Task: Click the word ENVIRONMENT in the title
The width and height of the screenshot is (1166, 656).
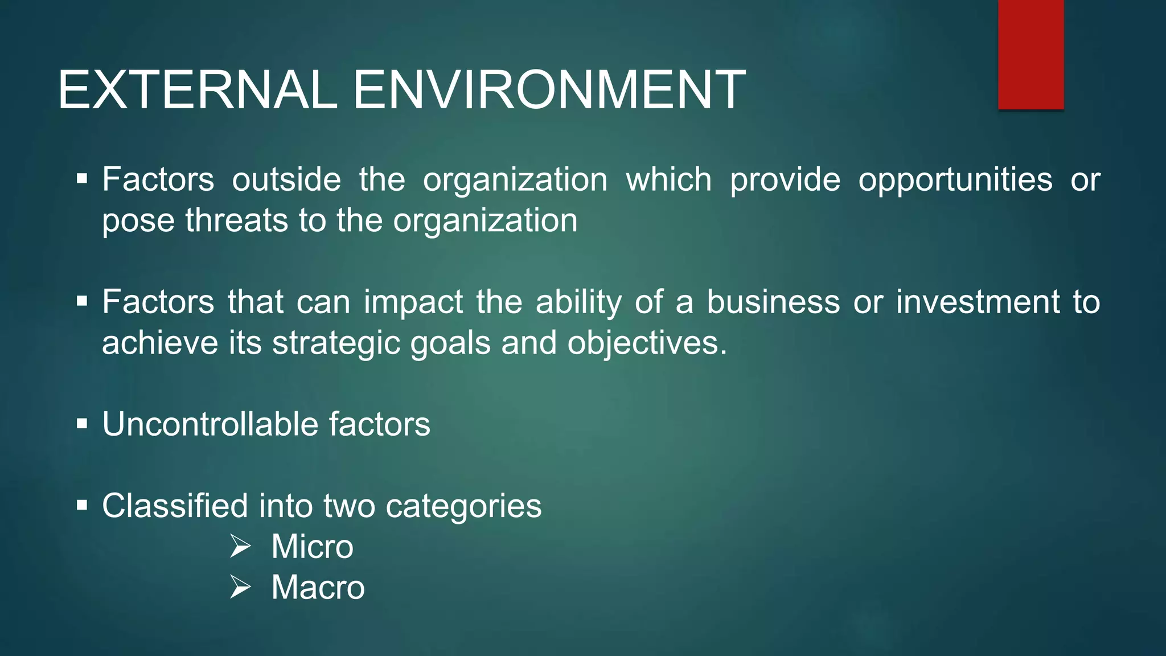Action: tap(549, 90)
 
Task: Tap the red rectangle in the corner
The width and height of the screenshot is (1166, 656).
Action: tap(1030, 55)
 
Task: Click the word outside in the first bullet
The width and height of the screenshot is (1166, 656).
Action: tap(286, 180)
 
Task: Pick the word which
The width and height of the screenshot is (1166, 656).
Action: tap(669, 180)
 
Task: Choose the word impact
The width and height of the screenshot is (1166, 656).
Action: tap(413, 303)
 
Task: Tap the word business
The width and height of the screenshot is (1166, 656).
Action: tap(773, 302)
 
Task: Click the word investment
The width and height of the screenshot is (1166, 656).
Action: tap(978, 302)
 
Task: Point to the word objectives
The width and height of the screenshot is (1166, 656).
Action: tap(647, 344)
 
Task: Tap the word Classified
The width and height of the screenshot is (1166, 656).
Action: tap(175, 506)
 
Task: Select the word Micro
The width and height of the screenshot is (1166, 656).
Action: tap(312, 547)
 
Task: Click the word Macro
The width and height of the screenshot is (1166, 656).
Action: tap(318, 588)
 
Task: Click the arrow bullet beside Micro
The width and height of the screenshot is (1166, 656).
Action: tap(240, 546)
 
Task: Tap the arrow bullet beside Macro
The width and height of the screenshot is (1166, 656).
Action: tap(240, 587)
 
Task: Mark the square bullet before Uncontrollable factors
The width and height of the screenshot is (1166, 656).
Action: tap(82, 424)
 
